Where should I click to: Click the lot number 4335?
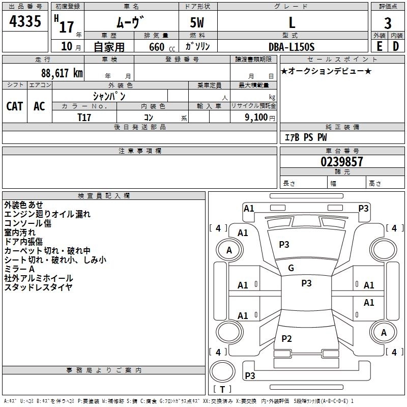(x=25, y=22)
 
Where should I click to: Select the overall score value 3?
(x=388, y=23)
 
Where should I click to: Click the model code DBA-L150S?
(x=292, y=47)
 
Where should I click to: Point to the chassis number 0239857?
(x=342, y=162)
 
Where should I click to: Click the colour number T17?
(x=85, y=117)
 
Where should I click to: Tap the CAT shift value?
(x=15, y=106)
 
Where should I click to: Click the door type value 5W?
(x=197, y=23)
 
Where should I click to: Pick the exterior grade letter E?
(x=380, y=46)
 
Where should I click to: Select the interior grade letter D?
(x=396, y=46)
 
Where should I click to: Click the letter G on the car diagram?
(x=291, y=268)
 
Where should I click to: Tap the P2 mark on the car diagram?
(x=287, y=339)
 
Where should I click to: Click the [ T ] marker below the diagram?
(x=222, y=389)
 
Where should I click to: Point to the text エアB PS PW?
(x=305, y=137)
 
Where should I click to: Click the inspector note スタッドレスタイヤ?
(x=39, y=287)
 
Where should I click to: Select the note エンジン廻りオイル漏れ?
(x=47, y=214)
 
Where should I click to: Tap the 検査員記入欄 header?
(x=104, y=196)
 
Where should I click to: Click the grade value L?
(x=292, y=23)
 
